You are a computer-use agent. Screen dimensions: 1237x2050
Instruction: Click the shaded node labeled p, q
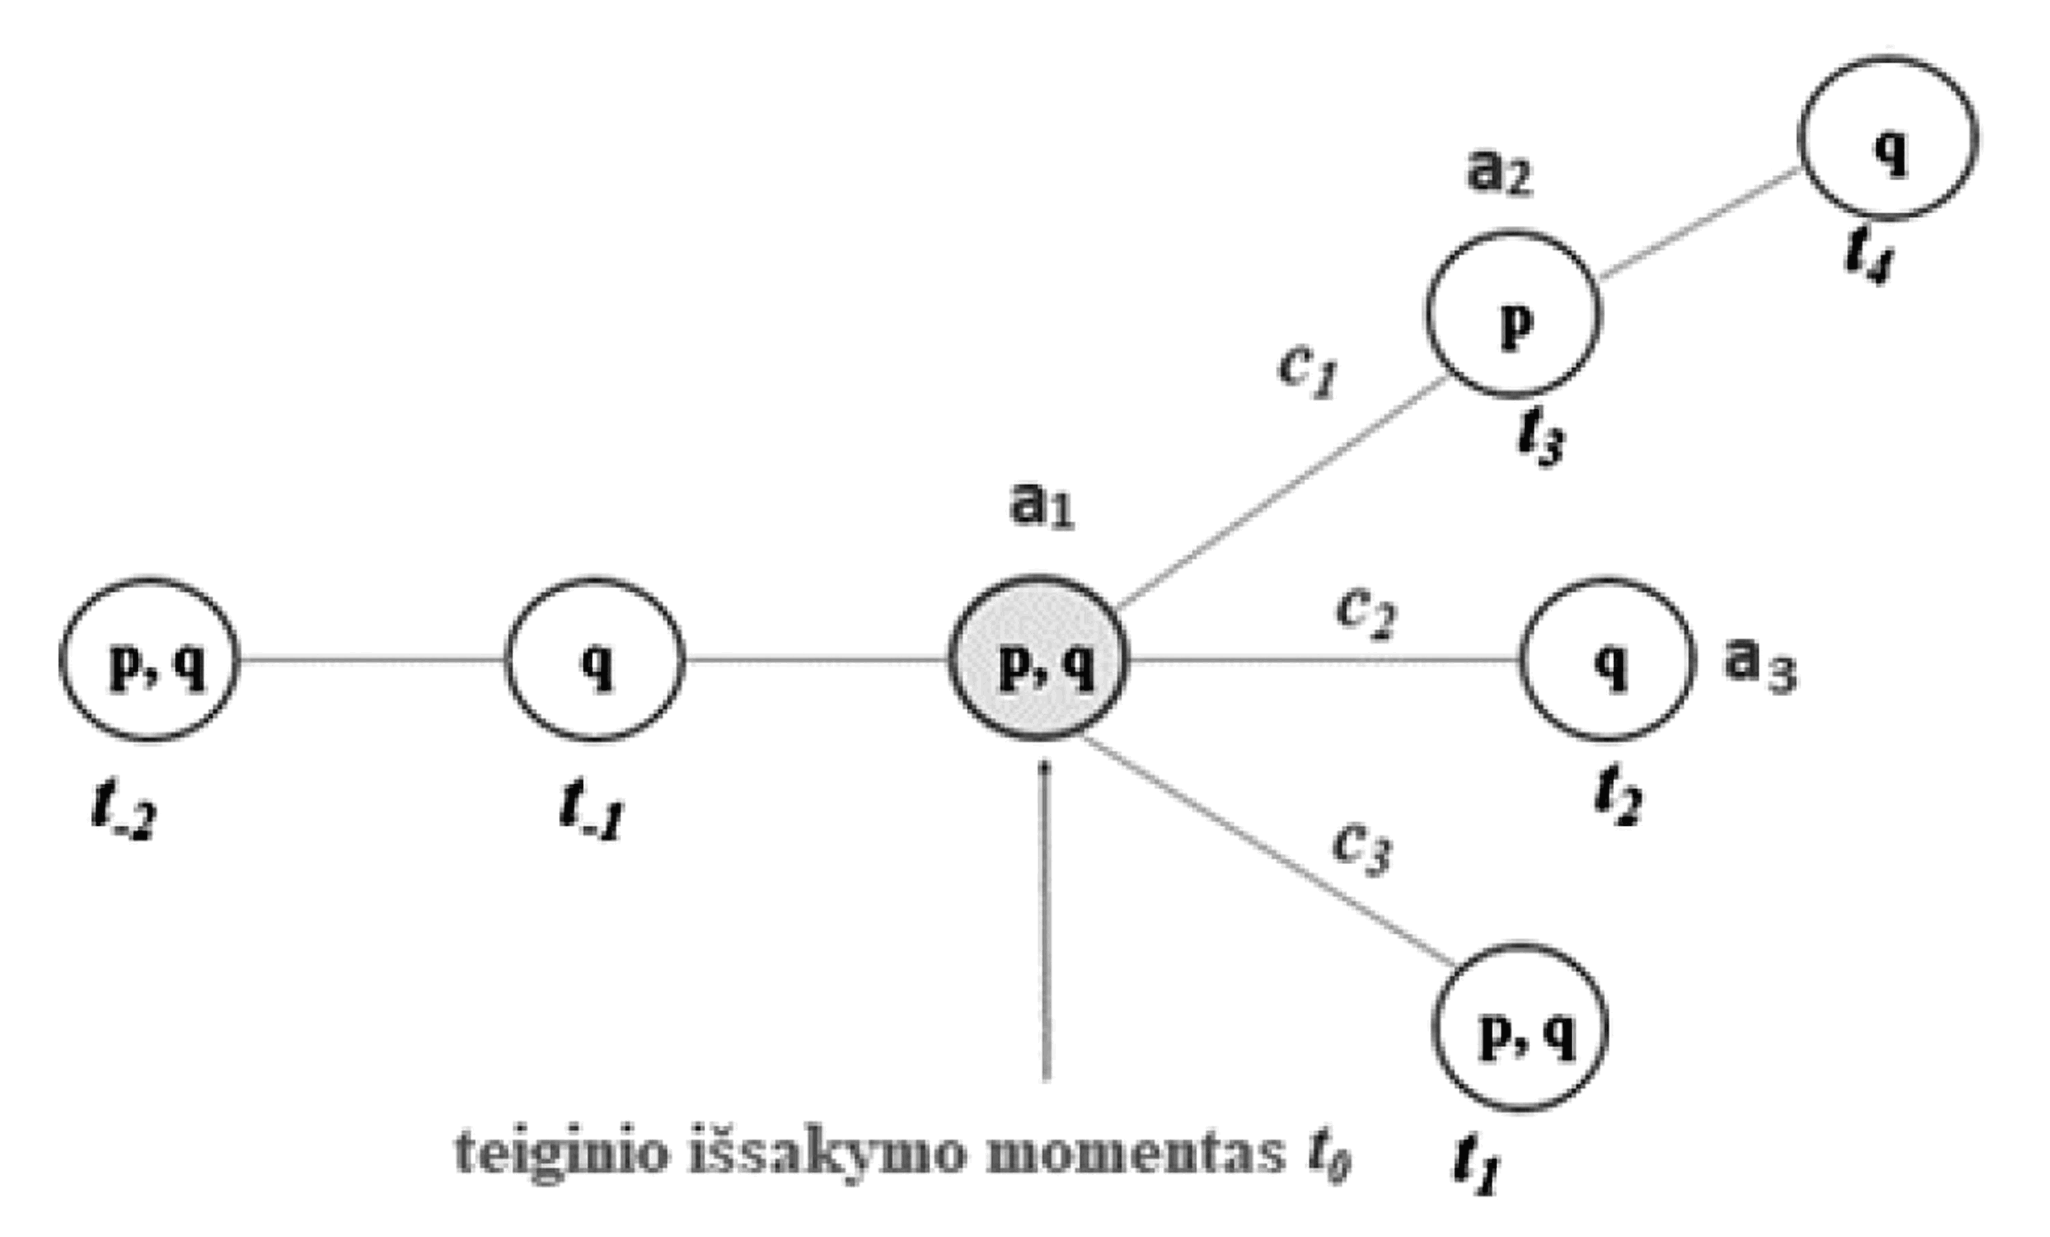coord(1038,659)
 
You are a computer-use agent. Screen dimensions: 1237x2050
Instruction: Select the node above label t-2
coord(150,660)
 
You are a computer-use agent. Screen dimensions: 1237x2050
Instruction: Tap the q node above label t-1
coord(596,660)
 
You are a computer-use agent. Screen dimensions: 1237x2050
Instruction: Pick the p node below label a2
coord(1514,314)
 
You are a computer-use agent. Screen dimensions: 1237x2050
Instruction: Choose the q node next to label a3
coord(1607,660)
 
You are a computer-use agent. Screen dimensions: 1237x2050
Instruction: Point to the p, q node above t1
coord(1520,1028)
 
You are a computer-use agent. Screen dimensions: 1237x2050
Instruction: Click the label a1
coord(1041,505)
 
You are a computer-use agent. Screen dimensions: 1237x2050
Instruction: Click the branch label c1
coord(1307,369)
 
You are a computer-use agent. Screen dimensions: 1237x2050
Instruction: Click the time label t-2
coord(123,810)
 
